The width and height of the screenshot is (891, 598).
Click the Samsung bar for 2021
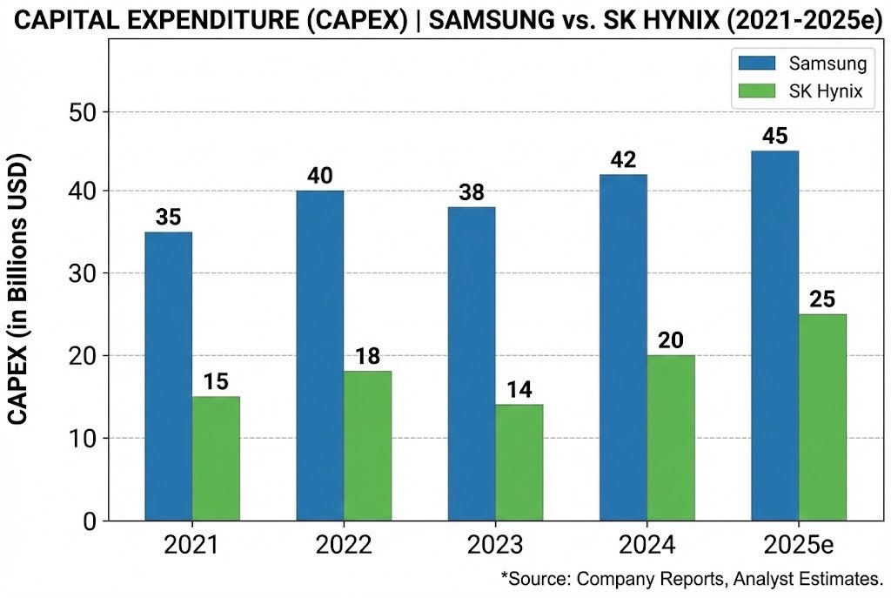[x=168, y=376]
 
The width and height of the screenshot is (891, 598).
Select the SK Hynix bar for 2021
[x=216, y=459]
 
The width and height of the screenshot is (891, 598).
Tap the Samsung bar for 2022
[x=319, y=355]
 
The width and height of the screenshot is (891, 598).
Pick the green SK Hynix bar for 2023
[x=519, y=462]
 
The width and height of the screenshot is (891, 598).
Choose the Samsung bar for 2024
[x=623, y=347]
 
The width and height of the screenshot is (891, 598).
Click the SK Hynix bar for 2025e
[x=822, y=417]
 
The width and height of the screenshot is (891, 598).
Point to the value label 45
[x=774, y=137]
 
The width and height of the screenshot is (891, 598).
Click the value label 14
[x=519, y=389]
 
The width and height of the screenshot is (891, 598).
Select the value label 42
[x=623, y=160]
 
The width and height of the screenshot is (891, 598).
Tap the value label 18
[x=367, y=356]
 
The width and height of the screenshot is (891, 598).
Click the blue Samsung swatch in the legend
[x=758, y=63]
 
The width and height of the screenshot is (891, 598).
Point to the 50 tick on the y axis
[x=84, y=112]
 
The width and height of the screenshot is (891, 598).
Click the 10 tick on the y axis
[x=84, y=438]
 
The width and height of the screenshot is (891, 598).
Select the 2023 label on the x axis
[x=494, y=547]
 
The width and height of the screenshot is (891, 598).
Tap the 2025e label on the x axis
[x=799, y=547]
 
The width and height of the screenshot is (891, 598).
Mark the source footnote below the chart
[x=692, y=578]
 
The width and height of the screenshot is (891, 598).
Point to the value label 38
[x=471, y=192]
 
